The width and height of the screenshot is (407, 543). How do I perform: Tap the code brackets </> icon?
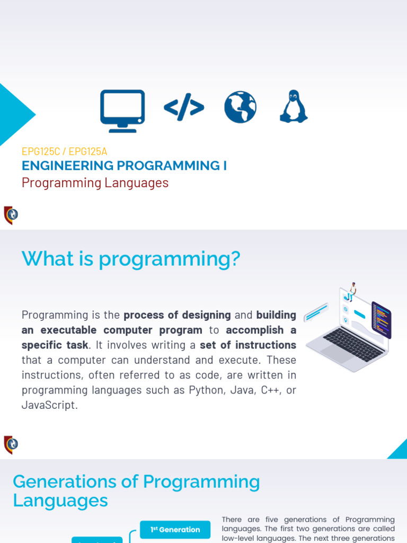tap(184, 108)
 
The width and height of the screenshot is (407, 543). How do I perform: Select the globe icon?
tap(240, 107)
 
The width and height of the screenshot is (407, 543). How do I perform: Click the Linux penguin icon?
tap(294, 107)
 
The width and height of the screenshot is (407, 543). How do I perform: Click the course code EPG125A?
tap(88, 151)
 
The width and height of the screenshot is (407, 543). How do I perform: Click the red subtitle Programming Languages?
tap(95, 183)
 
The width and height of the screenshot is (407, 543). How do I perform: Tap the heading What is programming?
tap(131, 259)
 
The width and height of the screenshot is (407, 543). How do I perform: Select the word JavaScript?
tap(49, 405)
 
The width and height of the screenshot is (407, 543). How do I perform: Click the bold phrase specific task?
tap(55, 345)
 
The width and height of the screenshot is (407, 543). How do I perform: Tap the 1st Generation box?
tap(175, 529)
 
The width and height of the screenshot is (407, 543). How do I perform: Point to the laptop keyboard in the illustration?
tap(352, 344)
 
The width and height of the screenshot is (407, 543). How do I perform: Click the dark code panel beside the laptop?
tap(381, 320)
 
